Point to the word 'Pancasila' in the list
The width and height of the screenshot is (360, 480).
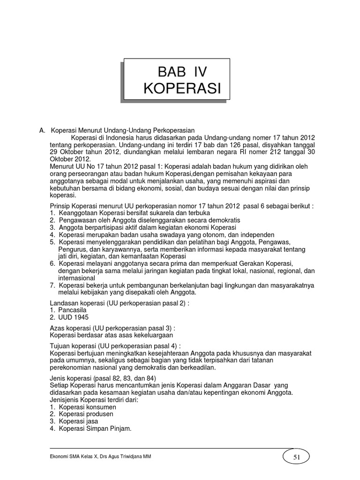point(73,310)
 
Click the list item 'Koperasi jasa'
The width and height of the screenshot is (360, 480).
point(79,421)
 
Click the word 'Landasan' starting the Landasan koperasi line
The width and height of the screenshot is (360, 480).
point(64,303)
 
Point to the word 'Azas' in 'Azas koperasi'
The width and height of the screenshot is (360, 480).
point(57,328)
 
